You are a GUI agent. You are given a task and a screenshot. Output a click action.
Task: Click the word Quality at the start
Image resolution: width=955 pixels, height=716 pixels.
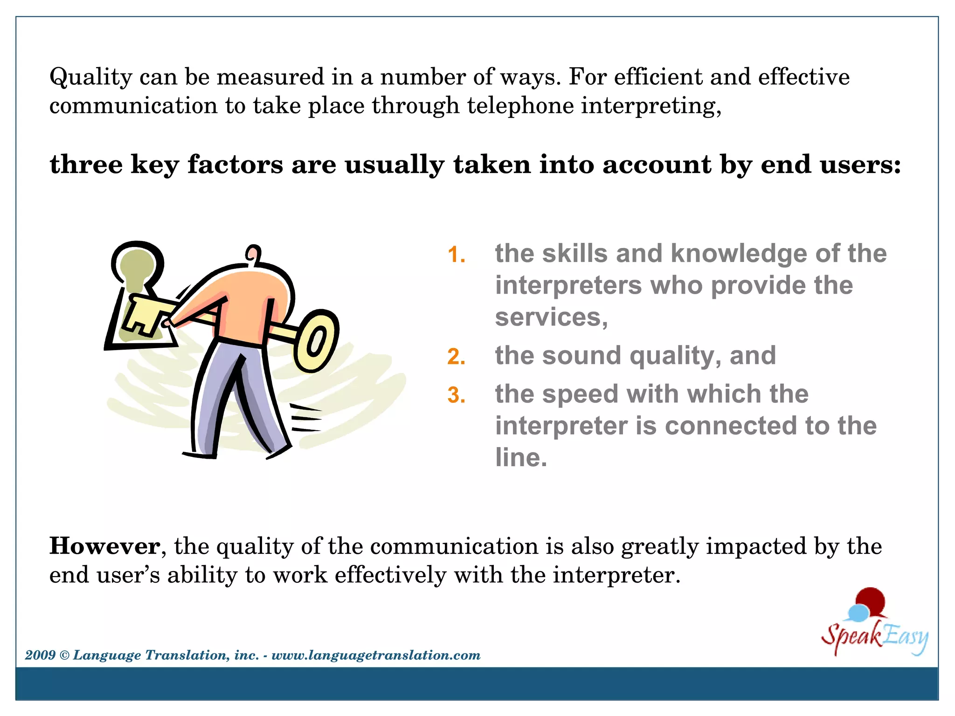pos(91,77)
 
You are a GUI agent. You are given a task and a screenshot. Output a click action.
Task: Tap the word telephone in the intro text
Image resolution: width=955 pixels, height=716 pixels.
pos(520,106)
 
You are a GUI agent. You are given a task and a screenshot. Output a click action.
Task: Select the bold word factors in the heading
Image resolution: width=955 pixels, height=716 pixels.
pos(235,165)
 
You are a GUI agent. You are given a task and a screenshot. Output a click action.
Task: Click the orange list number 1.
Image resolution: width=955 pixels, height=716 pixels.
pos(456,255)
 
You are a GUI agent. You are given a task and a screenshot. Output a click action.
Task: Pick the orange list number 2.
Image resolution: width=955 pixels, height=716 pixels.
pos(456,357)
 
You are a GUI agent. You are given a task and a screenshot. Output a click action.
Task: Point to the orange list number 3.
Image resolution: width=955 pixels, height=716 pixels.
pos(456,395)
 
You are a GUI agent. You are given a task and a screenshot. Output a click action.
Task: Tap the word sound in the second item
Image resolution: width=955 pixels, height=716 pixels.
pos(581,356)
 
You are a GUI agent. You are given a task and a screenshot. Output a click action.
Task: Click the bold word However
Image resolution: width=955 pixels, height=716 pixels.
pos(105,546)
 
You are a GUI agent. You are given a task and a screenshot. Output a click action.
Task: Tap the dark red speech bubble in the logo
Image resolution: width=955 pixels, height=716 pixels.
pos(871,600)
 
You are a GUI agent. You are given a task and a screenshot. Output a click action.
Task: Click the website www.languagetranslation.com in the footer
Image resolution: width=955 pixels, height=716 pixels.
pos(376,655)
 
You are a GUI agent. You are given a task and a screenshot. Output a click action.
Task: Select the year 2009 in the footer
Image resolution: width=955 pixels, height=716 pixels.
pos(40,655)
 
